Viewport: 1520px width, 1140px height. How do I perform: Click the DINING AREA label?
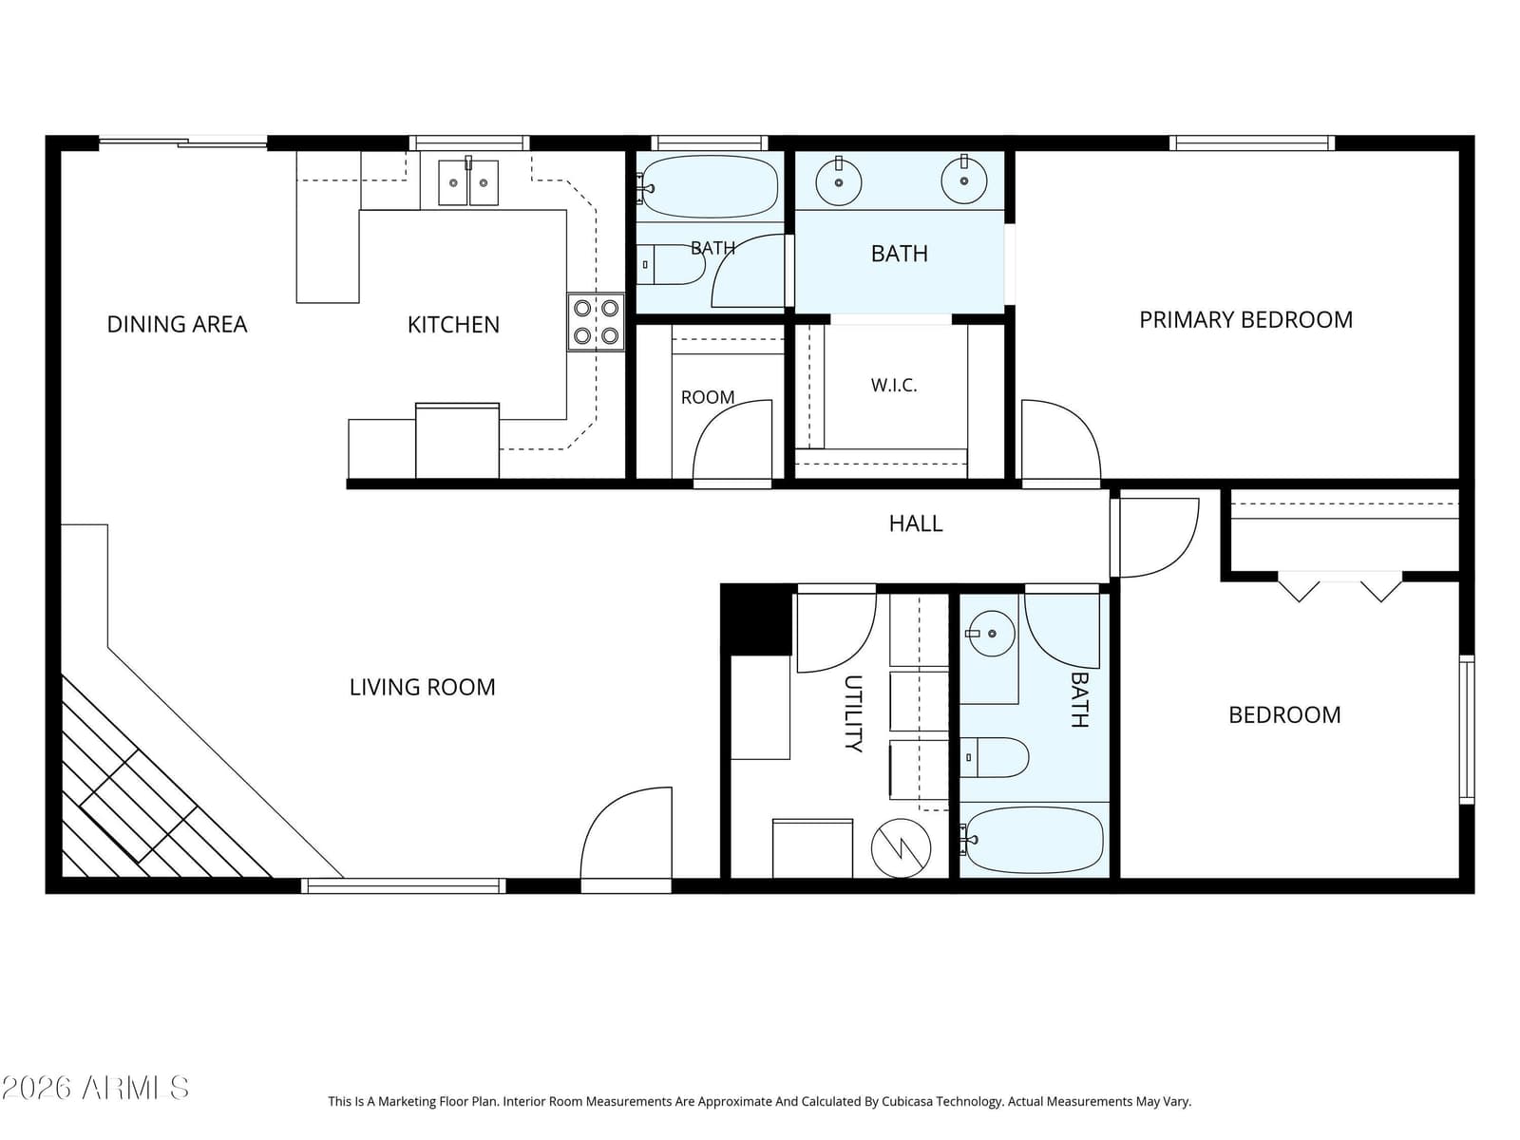(177, 324)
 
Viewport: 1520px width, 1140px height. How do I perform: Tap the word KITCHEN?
(453, 325)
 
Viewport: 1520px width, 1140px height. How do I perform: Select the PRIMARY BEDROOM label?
(1245, 320)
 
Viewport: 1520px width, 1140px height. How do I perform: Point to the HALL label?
(916, 523)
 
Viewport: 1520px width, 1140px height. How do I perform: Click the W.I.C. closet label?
(894, 386)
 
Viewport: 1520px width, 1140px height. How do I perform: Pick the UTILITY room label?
(853, 712)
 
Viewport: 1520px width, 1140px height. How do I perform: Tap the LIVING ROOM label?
(423, 687)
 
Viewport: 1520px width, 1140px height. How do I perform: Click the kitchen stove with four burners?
(596, 322)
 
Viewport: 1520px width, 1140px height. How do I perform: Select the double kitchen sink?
(468, 182)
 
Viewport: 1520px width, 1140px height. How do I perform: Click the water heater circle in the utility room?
(901, 848)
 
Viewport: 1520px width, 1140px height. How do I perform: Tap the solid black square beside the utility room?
(756, 619)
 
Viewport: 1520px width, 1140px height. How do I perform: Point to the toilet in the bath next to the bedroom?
(994, 757)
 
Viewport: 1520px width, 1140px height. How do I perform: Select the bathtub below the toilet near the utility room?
(1034, 840)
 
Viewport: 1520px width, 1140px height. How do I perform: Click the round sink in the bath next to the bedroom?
(991, 634)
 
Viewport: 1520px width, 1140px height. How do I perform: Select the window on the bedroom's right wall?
(1467, 730)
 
